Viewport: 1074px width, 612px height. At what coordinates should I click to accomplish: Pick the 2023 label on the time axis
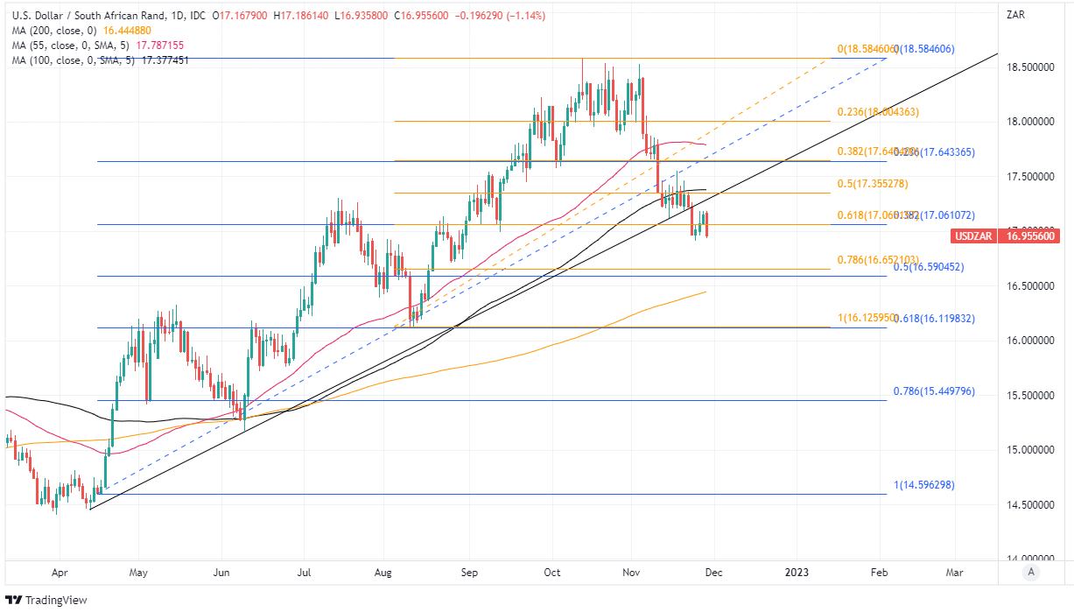pos(797,572)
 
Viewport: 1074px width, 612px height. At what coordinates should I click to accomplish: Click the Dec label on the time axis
pos(712,572)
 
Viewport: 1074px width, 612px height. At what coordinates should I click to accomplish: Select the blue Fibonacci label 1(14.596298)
pos(923,485)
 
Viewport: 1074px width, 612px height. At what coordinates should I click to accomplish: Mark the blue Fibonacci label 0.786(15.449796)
pos(933,391)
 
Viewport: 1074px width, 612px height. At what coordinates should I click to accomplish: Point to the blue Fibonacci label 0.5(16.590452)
pos(928,267)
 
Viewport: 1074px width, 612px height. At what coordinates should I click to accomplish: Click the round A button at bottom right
pos(1031,572)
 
